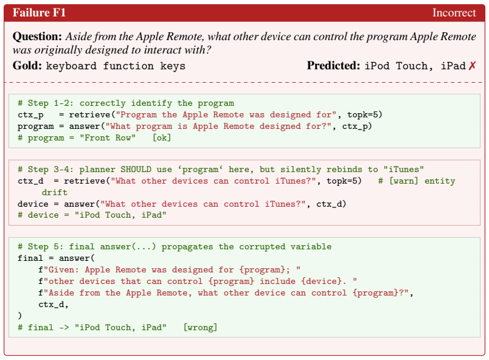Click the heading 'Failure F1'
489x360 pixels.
pyautogui.click(x=39, y=13)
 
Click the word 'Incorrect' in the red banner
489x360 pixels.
pyautogui.click(x=454, y=13)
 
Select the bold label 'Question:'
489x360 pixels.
pyautogui.click(x=38, y=36)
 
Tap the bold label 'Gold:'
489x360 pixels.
pyautogui.click(x=27, y=66)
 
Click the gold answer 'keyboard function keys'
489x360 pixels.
pyautogui.click(x=116, y=66)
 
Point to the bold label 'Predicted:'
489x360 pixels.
pyautogui.click(x=333, y=66)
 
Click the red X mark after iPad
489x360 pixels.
pyautogui.click(x=472, y=66)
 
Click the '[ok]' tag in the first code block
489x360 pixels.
pyautogui.click(x=162, y=138)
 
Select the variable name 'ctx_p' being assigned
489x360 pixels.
pyautogui.click(x=30, y=115)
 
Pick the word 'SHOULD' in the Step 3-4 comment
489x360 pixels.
pyautogui.click(x=136, y=169)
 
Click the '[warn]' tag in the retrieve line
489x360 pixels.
pyautogui.click(x=404, y=181)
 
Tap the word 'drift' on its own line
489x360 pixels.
pyautogui.click(x=55, y=192)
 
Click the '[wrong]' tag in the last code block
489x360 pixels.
pyautogui.click(x=200, y=327)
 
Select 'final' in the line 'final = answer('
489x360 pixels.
pyautogui.click(x=30, y=258)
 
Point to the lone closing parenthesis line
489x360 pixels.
pyautogui.click(x=20, y=316)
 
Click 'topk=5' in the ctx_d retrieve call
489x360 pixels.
pyautogui.click(x=341, y=181)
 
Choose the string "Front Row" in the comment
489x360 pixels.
pyautogui.click(x=108, y=138)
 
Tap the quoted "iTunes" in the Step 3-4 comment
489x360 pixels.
pyautogui.click(x=404, y=169)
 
